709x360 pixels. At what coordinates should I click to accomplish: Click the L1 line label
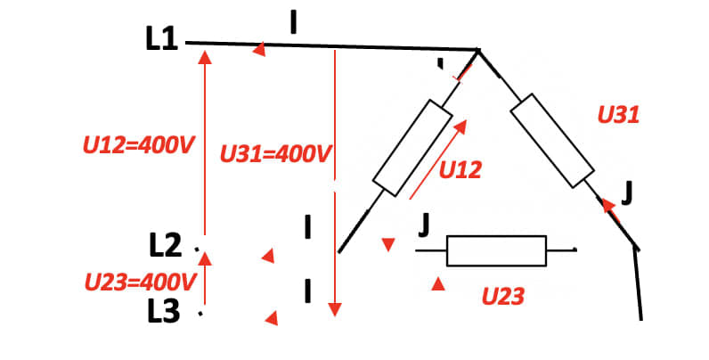coord(161,40)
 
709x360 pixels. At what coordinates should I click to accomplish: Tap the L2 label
coord(166,247)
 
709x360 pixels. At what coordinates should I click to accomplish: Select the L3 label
coord(164,312)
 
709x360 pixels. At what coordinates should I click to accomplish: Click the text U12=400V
coord(139,145)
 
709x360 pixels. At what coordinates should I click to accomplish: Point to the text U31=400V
coord(276,154)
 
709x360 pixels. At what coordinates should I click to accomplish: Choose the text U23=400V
coord(140,282)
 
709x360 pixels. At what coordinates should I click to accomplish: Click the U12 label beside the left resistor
coord(460,170)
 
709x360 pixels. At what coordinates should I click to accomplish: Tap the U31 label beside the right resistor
coord(618,115)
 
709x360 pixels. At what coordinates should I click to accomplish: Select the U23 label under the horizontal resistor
coord(503,297)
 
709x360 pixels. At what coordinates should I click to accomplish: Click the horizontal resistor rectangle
coord(496,250)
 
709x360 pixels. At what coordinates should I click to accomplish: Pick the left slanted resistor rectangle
coord(412,148)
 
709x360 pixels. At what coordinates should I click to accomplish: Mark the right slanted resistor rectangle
coord(552,140)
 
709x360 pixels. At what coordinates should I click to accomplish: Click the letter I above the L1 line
coord(293,23)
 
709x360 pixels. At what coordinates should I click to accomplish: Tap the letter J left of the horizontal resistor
coord(424,226)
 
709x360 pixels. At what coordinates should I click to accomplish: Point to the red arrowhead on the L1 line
coord(259,49)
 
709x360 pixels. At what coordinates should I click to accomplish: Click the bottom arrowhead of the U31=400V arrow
coord(335,309)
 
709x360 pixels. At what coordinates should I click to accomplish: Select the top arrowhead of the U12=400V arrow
coord(205,57)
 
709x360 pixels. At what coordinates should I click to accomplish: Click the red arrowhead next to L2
coord(268,256)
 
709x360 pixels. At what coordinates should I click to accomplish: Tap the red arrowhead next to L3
coord(272,318)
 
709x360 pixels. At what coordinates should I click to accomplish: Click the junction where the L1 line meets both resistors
coord(478,50)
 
